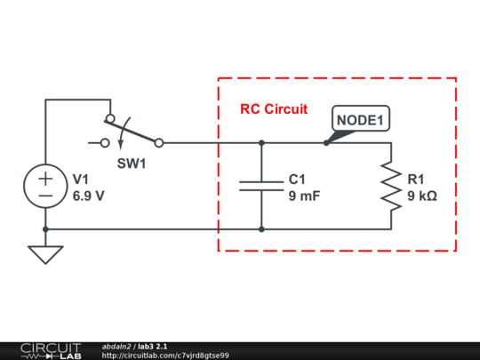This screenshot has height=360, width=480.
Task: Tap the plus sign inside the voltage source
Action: click(45, 179)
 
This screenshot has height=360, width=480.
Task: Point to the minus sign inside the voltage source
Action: click(45, 196)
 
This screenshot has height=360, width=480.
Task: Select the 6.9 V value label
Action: click(89, 196)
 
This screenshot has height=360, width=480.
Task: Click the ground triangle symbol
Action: click(45, 254)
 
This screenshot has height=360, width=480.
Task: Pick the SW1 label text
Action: click(132, 164)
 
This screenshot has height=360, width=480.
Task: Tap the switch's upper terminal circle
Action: click(110, 118)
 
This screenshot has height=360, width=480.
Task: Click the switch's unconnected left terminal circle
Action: click(105, 143)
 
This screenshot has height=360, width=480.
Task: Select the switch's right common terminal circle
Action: click(159, 143)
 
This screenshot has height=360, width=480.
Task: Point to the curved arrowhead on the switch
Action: click(121, 145)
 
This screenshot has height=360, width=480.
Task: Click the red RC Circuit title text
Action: click(274, 109)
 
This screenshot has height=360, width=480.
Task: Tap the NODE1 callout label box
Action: click(361, 118)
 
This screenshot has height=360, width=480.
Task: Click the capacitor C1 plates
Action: click(261, 186)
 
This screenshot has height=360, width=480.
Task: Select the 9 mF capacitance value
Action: click(304, 196)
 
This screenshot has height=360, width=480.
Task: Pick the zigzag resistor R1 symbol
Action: click(391, 186)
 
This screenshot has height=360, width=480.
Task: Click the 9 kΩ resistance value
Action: click(422, 196)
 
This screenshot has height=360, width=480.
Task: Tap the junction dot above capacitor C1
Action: click(261, 143)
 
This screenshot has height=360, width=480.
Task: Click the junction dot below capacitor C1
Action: click(261, 229)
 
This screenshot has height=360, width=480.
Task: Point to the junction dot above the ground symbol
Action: click(45, 229)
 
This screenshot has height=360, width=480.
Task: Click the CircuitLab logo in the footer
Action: click(51, 351)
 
